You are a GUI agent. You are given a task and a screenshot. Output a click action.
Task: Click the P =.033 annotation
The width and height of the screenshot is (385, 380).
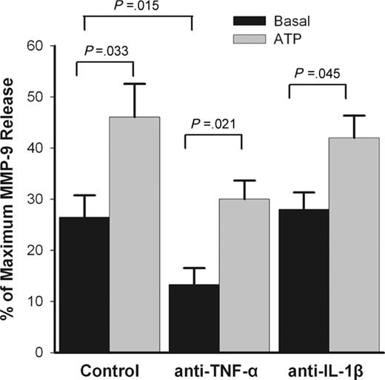tap(104, 52)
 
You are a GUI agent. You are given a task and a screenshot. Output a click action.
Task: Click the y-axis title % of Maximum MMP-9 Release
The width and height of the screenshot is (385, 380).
tap(13, 200)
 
